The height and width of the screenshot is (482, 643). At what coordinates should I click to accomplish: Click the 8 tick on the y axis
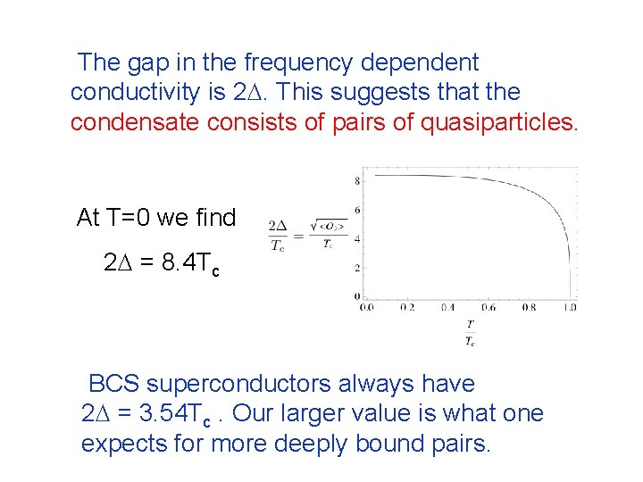coord(357,181)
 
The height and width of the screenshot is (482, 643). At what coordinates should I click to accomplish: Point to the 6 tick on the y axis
coord(357,210)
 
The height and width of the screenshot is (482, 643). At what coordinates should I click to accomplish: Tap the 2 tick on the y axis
coord(357,267)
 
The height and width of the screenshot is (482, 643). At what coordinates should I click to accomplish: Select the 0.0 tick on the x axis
coord(366,307)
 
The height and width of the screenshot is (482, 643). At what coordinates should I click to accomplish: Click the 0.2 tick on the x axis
coord(407,307)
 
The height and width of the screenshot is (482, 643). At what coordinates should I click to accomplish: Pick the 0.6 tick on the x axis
coord(489,307)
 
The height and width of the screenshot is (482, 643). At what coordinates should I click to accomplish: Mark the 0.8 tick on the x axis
coord(530,307)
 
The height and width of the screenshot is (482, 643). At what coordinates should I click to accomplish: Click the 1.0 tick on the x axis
coord(570,307)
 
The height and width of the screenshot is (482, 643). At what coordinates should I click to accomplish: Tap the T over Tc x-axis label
coord(470,333)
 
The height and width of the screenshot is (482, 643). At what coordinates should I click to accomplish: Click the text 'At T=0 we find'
coord(156,217)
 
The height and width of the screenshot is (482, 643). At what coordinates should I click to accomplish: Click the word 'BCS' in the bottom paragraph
coord(113,384)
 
